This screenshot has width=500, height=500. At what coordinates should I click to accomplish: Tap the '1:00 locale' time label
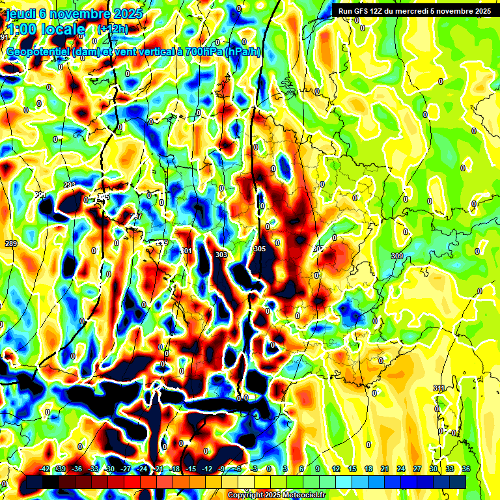[x=46, y=30]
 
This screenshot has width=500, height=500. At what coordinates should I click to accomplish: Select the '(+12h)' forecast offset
[x=113, y=29]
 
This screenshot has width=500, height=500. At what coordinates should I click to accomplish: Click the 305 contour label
[x=260, y=249]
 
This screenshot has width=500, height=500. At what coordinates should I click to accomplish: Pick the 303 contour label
[x=221, y=255]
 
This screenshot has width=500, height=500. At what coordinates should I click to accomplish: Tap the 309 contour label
[x=397, y=256]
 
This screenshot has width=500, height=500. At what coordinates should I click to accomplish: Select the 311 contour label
[x=439, y=388]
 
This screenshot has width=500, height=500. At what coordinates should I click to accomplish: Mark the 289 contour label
[x=11, y=243]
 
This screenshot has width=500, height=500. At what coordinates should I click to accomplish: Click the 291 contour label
[x=40, y=195]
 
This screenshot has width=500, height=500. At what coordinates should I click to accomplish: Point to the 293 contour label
[x=70, y=186]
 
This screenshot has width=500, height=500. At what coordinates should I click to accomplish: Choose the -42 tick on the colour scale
[x=45, y=469]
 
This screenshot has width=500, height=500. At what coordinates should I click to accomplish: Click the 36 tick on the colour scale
[x=466, y=469]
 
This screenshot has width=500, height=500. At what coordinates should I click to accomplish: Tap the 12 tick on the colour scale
[x=335, y=469]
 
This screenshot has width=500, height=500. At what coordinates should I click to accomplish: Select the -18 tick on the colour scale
[x=174, y=469]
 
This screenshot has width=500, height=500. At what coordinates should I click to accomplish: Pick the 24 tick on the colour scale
[x=400, y=469]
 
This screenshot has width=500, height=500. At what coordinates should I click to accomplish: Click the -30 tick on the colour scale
[x=109, y=469]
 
